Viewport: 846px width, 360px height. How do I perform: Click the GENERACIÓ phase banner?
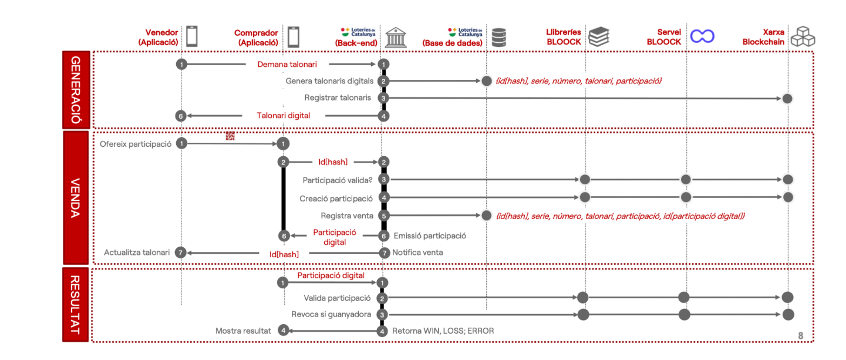click(76, 90)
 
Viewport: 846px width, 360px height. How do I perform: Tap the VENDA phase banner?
click(76, 197)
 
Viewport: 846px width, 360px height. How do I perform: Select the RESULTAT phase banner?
click(76, 304)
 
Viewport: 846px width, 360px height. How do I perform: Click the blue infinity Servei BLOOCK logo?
click(702, 36)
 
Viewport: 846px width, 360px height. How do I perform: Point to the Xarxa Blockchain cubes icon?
click(803, 36)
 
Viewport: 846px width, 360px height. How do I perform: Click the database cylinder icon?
click(498, 38)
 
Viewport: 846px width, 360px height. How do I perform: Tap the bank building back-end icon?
click(396, 38)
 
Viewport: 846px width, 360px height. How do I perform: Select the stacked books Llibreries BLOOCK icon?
click(599, 36)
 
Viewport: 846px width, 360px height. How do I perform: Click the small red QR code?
click(230, 136)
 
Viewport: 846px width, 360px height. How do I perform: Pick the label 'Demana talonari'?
click(287, 64)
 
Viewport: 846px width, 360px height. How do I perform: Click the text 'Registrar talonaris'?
click(338, 97)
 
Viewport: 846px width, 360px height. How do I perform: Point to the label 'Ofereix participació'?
click(136, 144)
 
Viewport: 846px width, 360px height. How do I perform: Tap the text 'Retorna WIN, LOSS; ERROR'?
click(443, 331)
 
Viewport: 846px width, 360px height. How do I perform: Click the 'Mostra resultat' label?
click(243, 331)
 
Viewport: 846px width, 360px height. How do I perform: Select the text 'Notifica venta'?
click(417, 253)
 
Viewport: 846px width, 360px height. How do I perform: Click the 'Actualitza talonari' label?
click(137, 253)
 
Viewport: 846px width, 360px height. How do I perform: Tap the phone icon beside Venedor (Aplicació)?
click(192, 36)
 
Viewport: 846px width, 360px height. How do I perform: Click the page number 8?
click(800, 335)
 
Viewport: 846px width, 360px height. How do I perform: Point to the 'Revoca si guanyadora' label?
click(331, 314)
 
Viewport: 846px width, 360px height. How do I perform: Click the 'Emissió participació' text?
click(430, 235)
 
